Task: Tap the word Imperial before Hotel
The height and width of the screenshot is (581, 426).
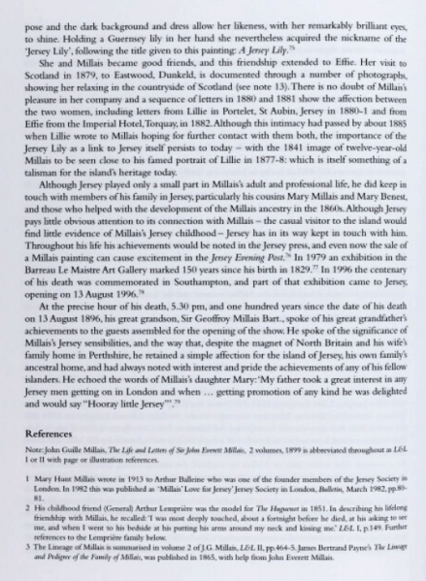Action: click(108, 126)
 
